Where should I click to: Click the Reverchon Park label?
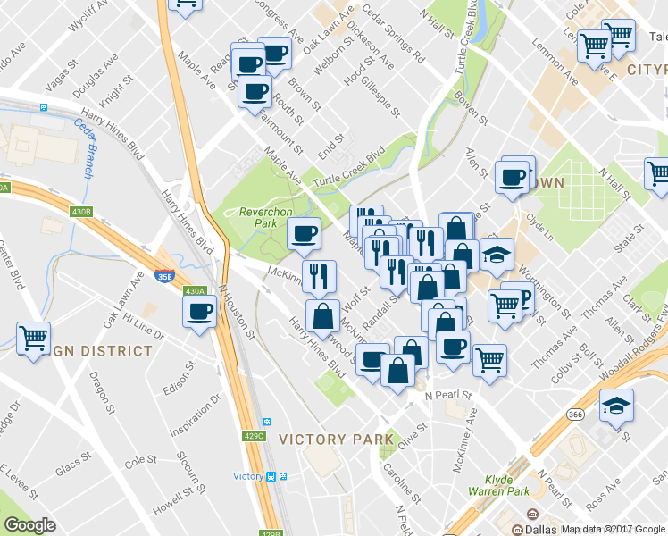(265, 217)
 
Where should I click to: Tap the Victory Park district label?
(336, 439)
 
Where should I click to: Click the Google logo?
(30, 525)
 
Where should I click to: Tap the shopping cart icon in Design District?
(34, 339)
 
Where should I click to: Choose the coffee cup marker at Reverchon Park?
(304, 234)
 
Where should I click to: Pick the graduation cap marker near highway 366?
(615, 406)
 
